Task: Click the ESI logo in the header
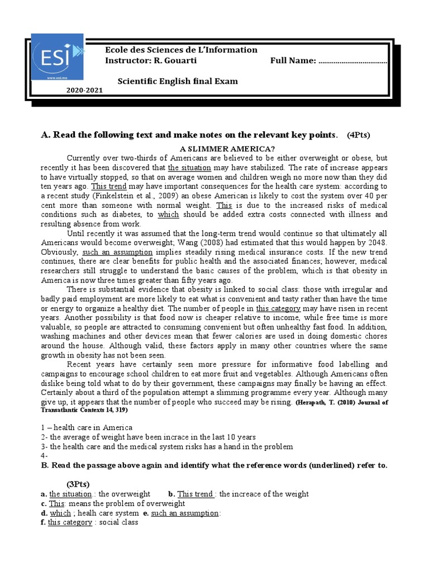56,57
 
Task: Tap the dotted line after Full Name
352,61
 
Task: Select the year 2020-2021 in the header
85,90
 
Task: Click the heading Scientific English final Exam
177,81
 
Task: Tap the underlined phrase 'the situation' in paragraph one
189,168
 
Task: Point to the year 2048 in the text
376,242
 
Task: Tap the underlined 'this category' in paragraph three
278,308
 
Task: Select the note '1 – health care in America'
87,427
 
